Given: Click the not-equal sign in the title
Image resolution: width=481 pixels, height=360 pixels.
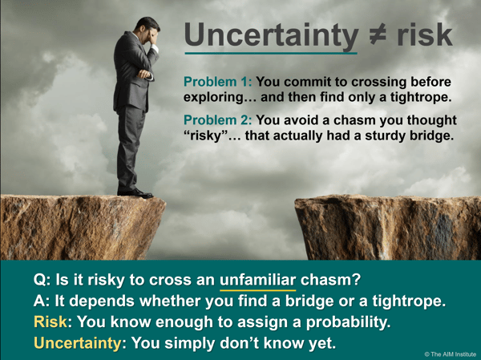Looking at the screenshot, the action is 378,34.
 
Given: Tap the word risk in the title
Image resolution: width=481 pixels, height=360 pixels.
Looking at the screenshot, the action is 425,34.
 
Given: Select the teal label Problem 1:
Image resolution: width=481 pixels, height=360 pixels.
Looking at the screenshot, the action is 218,82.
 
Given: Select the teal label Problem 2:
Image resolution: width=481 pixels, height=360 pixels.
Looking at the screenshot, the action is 218,120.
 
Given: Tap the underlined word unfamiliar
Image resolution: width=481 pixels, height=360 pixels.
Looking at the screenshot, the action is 257,280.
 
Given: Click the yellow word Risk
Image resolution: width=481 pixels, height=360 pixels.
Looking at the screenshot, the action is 51,322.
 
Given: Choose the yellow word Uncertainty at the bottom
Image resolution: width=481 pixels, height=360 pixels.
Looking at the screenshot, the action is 78,343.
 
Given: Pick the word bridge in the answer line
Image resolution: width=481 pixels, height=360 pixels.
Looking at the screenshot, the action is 309,301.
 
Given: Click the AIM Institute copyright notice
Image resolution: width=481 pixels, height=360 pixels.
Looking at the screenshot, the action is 451,354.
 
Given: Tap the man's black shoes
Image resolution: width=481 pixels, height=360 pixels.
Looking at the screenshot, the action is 135,193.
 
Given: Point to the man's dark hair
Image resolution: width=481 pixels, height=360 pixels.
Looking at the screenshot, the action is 146,23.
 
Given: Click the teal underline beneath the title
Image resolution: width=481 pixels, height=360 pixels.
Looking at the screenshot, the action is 271,54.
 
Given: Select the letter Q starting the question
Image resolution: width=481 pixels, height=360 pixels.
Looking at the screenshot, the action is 39,280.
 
